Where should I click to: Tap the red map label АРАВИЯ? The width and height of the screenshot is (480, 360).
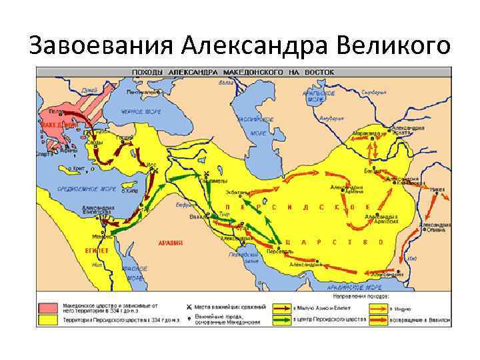[171, 243]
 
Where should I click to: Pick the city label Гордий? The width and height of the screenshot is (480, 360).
[124, 137]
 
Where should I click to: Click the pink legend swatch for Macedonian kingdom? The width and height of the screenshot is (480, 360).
[50, 307]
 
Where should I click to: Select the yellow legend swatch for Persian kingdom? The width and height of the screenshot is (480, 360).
[50, 321]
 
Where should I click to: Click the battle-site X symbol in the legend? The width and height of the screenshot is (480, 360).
[189, 307]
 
